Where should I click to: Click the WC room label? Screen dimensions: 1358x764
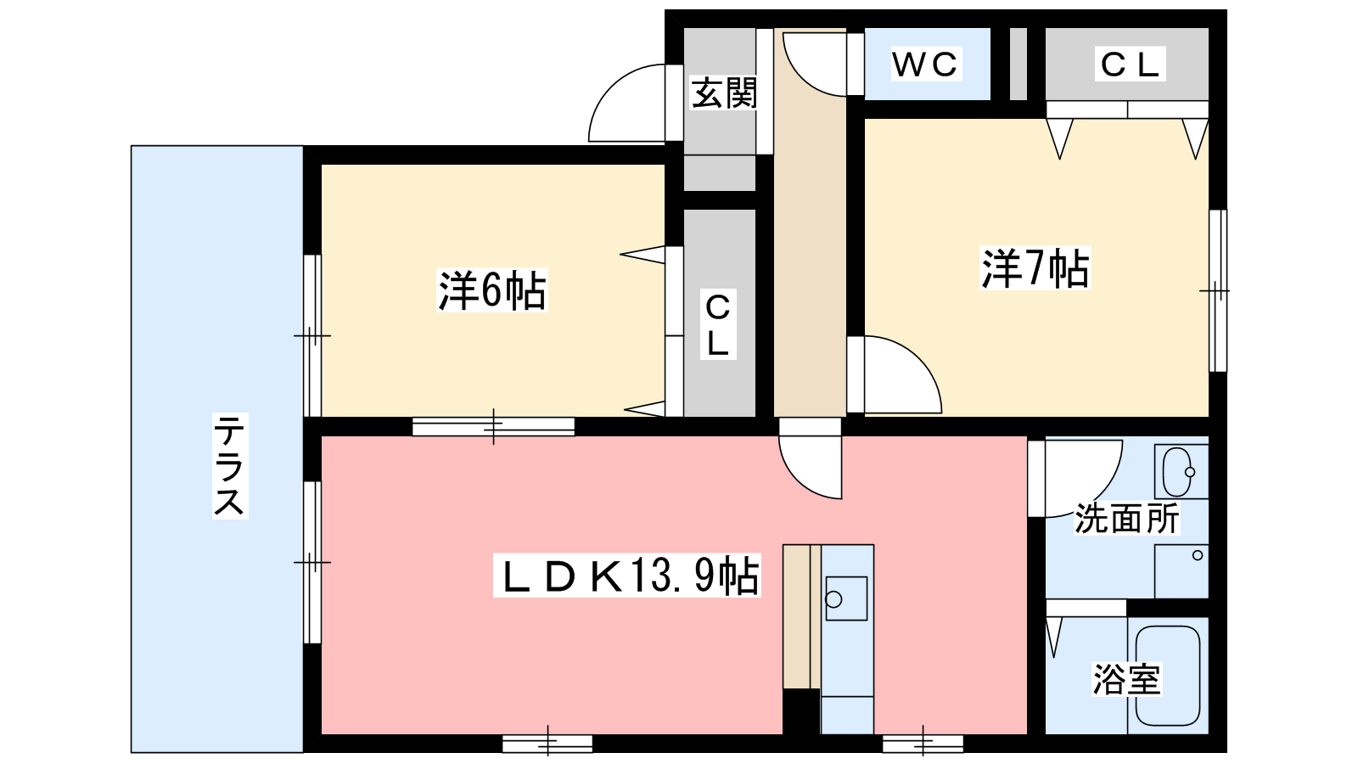pos(925,64)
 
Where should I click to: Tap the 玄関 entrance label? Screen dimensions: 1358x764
pos(725,93)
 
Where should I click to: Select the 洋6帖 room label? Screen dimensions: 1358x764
pos(491,290)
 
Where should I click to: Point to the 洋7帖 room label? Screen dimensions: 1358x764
pos(1035,268)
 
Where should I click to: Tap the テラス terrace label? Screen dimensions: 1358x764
pos(229,465)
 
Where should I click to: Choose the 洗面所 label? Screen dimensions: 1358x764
pos(1127,519)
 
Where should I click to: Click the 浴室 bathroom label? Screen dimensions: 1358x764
pos(1127,679)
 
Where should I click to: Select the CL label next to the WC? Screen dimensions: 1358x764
pos(1130,64)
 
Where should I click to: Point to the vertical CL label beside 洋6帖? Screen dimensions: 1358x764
pos(718,325)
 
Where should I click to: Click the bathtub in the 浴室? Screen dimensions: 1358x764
pos(1168,676)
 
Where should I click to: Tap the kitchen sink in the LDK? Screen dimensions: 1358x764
pos(846,598)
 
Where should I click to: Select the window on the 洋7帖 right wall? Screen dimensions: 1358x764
pos(1218,290)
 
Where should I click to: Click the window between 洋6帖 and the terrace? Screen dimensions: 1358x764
pos(312,335)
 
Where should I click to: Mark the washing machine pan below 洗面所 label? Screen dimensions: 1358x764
pos(1181,571)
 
